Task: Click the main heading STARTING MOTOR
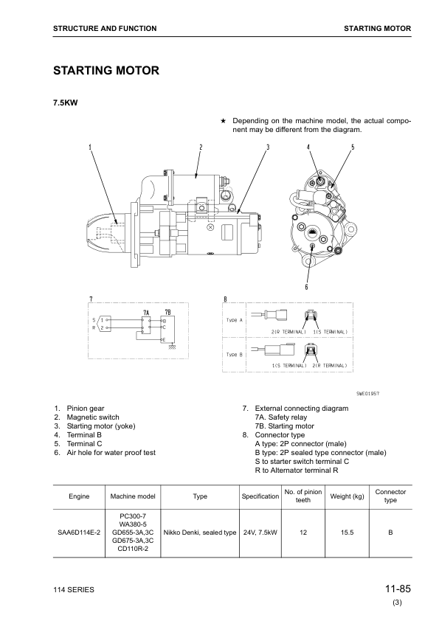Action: pyautogui.click(x=106, y=71)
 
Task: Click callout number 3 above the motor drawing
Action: pyautogui.click(x=267, y=148)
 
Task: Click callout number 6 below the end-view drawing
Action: pyautogui.click(x=306, y=286)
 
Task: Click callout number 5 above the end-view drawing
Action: pyautogui.click(x=353, y=148)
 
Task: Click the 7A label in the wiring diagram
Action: pyautogui.click(x=147, y=312)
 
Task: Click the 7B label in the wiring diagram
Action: pyautogui.click(x=167, y=312)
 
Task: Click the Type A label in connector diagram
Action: pyautogui.click(x=235, y=320)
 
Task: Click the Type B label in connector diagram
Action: pyautogui.click(x=235, y=354)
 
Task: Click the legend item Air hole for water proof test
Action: pyautogui.click(x=111, y=452)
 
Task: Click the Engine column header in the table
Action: pyautogui.click(x=78, y=496)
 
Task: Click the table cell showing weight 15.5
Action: pyautogui.click(x=348, y=531)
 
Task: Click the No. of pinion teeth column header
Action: pyautogui.click(x=303, y=496)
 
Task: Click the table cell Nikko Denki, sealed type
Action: pyautogui.click(x=199, y=531)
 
